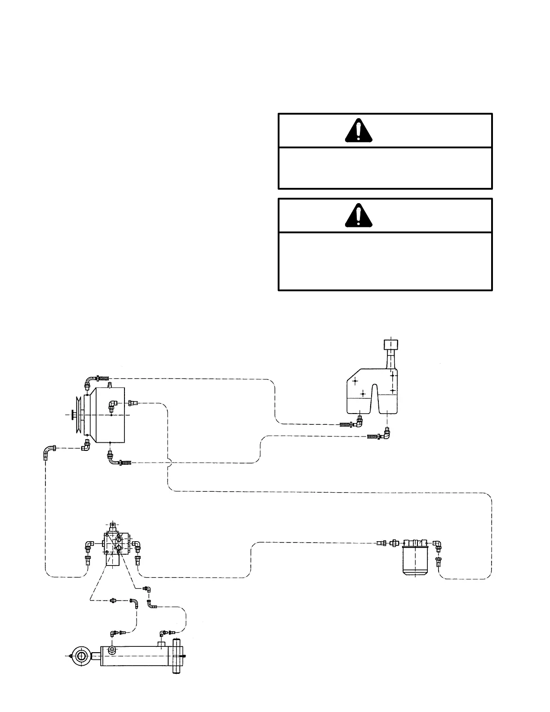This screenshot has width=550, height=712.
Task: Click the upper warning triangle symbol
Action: click(x=358, y=130)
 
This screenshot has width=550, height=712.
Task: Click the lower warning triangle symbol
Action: click(x=358, y=215)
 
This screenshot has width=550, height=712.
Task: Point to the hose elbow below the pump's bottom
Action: click(x=111, y=459)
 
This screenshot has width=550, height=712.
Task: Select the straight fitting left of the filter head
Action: click(x=395, y=543)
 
